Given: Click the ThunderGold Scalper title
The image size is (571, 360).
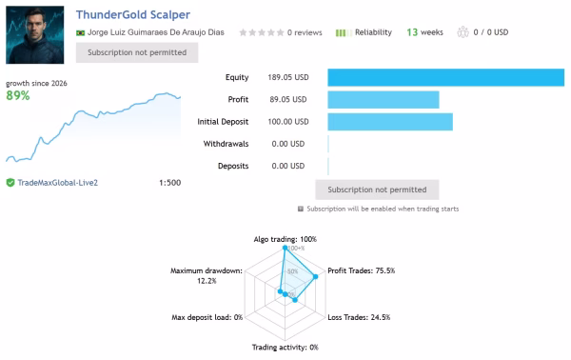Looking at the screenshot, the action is click(x=133, y=14).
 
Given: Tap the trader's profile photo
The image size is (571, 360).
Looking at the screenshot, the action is click(x=35, y=35).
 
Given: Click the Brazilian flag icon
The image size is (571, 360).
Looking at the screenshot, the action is click(x=80, y=32).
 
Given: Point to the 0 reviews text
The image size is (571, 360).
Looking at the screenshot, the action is click(x=305, y=32).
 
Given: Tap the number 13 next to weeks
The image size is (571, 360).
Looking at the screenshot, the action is click(x=412, y=32).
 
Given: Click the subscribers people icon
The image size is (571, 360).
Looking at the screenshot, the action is click(x=463, y=32).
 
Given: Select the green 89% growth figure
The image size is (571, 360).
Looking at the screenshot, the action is click(x=18, y=95).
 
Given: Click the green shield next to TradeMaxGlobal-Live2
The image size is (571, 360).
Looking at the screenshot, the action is click(x=10, y=183).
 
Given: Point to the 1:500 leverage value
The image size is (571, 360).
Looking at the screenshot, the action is click(x=169, y=183).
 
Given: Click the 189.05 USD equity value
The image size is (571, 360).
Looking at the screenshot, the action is click(x=288, y=77).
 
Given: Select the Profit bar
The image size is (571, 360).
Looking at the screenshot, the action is click(x=384, y=99).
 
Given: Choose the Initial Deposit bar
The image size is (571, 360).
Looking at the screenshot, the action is click(x=390, y=122).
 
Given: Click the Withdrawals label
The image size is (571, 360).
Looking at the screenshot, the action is click(x=226, y=144).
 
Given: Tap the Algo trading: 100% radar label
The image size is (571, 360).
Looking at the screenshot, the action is click(x=285, y=239).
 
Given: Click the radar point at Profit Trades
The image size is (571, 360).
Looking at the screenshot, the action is click(x=315, y=276).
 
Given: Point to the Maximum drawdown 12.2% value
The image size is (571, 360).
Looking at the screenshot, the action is click(x=207, y=281).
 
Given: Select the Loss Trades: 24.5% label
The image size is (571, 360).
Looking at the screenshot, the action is click(x=359, y=317).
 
